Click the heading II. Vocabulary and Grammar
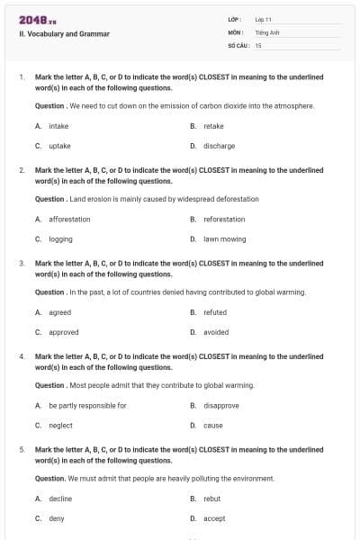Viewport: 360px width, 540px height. point(64,34)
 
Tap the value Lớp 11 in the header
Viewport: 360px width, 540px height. point(264,19)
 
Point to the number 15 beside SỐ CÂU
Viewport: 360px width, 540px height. point(258,43)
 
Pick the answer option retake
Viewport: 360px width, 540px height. point(213,126)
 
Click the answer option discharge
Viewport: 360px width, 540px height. point(219,145)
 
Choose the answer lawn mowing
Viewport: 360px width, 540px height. point(224,238)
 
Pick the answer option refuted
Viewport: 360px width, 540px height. point(215,312)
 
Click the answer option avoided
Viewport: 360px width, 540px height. point(216,332)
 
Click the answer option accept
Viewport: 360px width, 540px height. point(214,518)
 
